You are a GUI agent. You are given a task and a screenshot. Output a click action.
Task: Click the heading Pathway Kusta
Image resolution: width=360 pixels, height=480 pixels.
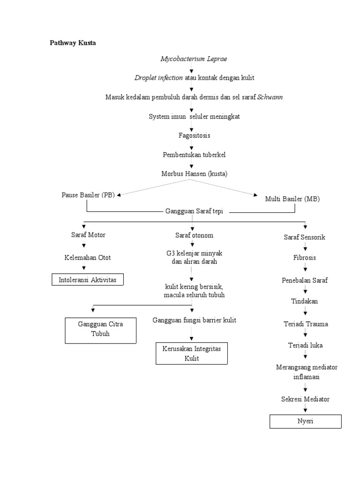(73, 43)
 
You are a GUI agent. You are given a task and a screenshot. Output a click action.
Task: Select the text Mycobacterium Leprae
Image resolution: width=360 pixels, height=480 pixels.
(194, 59)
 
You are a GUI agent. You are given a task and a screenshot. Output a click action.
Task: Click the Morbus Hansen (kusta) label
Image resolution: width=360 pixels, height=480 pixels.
(194, 173)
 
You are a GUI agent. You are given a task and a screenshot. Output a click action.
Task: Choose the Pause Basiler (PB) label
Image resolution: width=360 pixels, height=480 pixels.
(88, 195)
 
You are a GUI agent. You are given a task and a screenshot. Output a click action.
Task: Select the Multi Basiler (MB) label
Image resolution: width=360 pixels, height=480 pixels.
(292, 199)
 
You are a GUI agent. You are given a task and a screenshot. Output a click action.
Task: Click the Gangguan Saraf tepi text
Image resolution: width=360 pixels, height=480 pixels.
(194, 211)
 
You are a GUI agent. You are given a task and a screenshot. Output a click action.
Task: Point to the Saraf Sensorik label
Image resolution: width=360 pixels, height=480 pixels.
(304, 237)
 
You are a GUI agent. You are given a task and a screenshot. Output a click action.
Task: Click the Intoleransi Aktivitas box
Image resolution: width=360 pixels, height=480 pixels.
(88, 280)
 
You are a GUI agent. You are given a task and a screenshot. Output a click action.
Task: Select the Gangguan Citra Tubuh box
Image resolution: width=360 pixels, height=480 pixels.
(100, 330)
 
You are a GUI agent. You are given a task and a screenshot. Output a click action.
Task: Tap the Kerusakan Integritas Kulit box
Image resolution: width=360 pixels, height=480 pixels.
(191, 353)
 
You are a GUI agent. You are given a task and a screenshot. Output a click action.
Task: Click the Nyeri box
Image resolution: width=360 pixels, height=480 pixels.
(305, 421)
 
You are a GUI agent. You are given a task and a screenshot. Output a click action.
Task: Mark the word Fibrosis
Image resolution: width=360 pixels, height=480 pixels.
(305, 257)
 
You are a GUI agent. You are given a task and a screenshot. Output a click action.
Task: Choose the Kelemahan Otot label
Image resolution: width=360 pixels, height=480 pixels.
(88, 257)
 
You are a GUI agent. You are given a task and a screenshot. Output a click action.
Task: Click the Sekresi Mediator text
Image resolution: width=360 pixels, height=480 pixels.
(305, 399)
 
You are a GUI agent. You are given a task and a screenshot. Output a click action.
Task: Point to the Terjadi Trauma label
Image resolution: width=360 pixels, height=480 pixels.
(305, 324)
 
